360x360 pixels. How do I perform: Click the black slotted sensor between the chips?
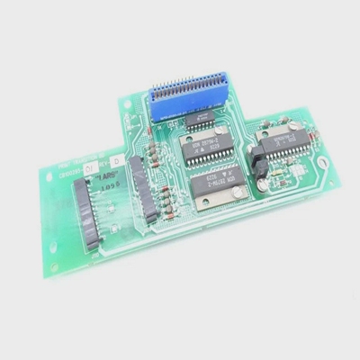(x=255, y=166)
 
